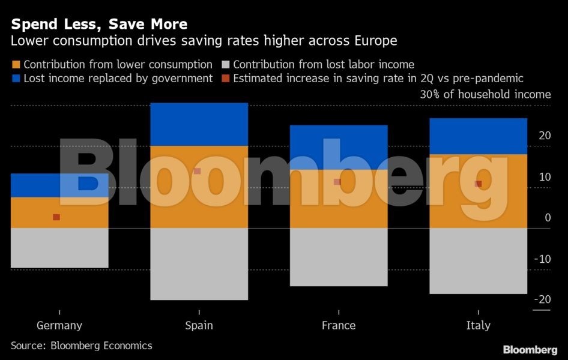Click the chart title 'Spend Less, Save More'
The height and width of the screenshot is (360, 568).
[x=99, y=25]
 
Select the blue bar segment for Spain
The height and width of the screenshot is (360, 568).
[x=198, y=124]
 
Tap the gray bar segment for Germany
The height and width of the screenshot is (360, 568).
[x=59, y=248]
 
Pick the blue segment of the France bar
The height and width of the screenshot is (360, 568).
[x=339, y=147]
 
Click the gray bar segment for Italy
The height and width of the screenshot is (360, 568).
[x=479, y=261]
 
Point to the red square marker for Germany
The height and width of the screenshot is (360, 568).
[x=56, y=217]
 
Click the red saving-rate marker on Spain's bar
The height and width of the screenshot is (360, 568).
[x=197, y=172]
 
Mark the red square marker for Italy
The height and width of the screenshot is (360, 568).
[x=479, y=184]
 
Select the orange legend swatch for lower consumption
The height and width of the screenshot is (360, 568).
[x=16, y=65]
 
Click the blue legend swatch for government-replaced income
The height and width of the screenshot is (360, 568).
[x=16, y=79]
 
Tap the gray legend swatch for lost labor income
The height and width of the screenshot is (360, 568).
[x=226, y=65]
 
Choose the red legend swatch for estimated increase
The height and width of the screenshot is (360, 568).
[x=226, y=79]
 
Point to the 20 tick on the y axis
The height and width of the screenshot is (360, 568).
[x=545, y=136]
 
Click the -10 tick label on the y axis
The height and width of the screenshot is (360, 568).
[x=542, y=259]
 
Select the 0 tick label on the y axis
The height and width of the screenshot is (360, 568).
[x=548, y=218]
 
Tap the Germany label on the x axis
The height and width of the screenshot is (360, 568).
[x=59, y=326]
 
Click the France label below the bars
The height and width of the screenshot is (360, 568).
[x=339, y=326]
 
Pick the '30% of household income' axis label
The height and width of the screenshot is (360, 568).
[x=485, y=94]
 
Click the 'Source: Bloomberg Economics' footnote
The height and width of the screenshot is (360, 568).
[x=82, y=346]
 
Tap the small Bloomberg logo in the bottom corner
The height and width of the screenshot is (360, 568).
[x=530, y=350]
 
